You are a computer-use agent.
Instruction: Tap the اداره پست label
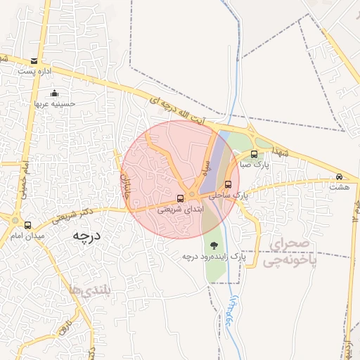click(35, 72)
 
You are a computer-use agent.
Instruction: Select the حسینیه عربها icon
click(55, 94)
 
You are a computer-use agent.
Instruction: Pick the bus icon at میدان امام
click(27, 225)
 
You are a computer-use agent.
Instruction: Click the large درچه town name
click(86, 237)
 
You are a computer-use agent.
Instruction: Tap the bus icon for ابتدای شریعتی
click(181, 198)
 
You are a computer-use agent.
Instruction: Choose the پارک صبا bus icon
click(254, 154)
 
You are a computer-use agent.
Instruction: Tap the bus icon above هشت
click(340, 177)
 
